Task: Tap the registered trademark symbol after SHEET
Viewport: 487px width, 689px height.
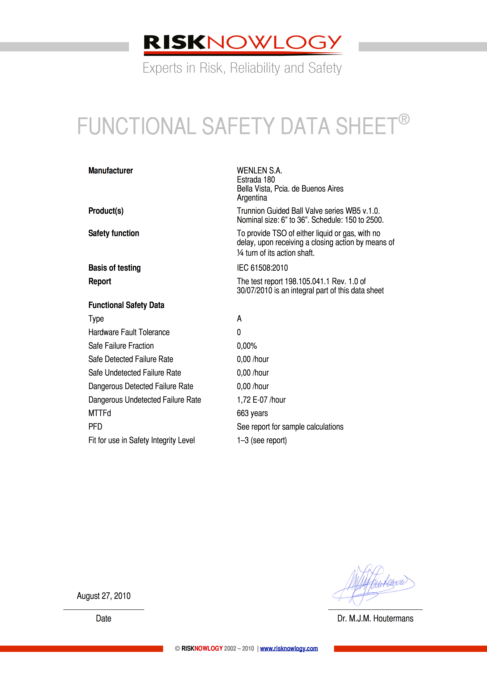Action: click(404, 119)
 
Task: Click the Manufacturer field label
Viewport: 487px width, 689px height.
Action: click(110, 171)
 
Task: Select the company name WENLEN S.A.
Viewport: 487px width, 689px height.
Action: click(259, 171)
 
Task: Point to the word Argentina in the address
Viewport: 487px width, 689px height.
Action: click(252, 198)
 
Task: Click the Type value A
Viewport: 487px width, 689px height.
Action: click(239, 319)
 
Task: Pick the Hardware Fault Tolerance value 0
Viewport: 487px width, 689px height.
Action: click(239, 332)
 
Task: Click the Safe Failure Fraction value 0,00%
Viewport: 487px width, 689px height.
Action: click(247, 346)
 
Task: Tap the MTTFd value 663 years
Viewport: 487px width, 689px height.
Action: click(252, 413)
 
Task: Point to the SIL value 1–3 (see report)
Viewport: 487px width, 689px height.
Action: click(262, 440)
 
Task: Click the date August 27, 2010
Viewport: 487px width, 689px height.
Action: click(104, 596)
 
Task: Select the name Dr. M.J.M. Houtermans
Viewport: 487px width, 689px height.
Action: click(375, 618)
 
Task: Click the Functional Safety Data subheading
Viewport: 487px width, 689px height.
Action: click(126, 305)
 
